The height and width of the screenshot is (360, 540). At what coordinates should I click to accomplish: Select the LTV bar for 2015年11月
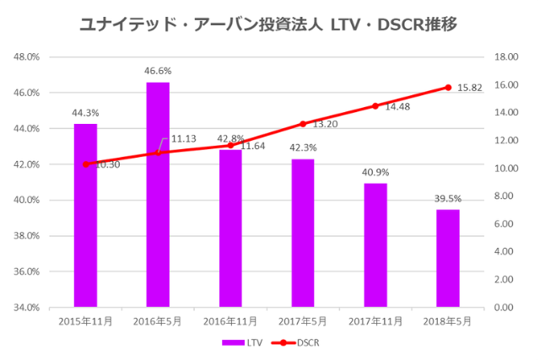85,215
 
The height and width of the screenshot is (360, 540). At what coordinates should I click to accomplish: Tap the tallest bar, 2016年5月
158,194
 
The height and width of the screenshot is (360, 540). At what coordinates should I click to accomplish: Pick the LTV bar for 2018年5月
448,258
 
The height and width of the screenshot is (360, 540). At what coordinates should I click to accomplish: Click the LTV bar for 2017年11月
375,244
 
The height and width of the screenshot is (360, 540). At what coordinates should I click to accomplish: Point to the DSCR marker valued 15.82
448,87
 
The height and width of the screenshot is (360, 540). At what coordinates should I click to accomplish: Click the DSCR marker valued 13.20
303,124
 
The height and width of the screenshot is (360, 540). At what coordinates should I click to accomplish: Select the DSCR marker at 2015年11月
85,164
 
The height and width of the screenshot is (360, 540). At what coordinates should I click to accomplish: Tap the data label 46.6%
158,72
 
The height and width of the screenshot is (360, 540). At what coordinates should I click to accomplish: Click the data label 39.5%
448,199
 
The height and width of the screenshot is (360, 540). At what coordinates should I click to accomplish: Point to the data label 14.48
397,107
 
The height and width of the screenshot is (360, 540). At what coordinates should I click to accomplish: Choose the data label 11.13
183,138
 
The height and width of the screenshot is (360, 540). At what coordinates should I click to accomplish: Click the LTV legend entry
239,342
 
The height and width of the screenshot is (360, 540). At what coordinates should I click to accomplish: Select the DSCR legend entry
299,342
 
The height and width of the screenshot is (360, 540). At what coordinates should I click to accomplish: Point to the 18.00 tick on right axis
505,57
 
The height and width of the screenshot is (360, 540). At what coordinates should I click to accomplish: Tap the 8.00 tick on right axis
504,196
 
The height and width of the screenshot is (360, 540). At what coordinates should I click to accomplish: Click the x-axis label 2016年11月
230,320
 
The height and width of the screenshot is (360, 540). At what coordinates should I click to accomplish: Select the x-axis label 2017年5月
303,320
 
